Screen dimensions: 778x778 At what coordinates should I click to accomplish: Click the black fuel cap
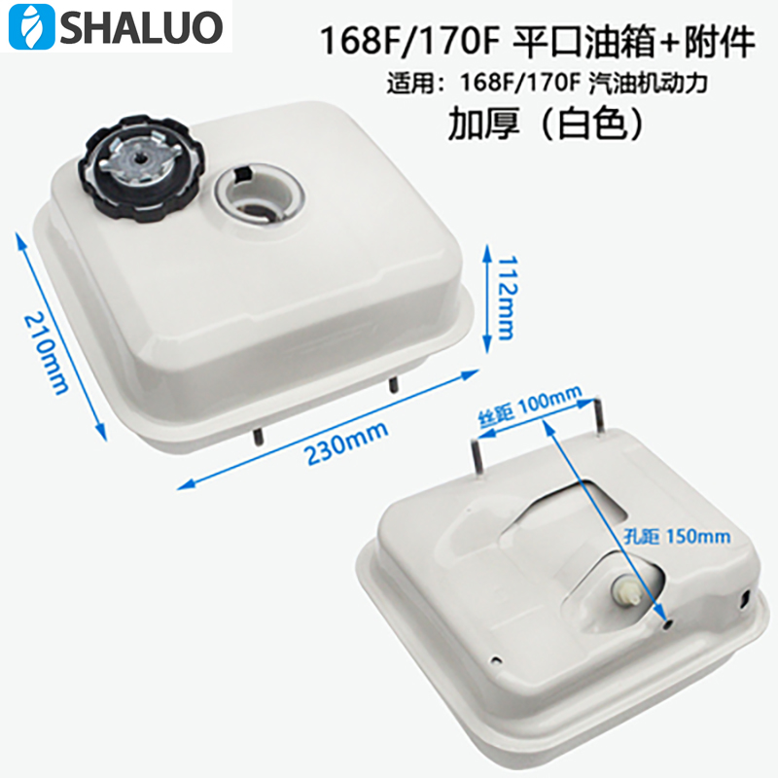(x=140, y=170)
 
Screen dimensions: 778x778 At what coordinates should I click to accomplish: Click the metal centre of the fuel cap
(x=140, y=167)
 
